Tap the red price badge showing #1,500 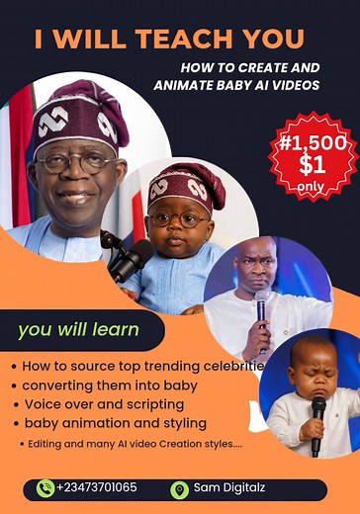(313, 155)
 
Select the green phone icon (45, 487)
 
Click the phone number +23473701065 (96, 488)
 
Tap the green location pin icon (179, 488)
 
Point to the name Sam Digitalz (228, 488)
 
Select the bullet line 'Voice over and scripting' (104, 403)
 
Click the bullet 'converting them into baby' (109, 385)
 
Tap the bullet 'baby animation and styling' (114, 422)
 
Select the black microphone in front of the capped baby (130, 259)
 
